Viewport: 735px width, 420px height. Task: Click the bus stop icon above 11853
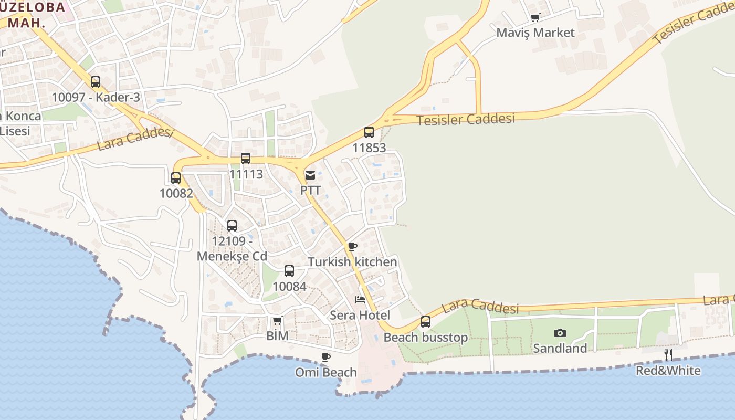coord(369,132)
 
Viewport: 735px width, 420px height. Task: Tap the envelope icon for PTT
coord(310,175)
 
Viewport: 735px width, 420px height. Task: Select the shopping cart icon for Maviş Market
coord(535,18)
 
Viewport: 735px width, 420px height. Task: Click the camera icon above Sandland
coord(560,333)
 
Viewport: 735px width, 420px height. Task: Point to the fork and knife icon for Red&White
coord(668,355)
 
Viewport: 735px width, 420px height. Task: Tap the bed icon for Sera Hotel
coord(360,300)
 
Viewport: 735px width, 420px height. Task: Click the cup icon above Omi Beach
coord(326,358)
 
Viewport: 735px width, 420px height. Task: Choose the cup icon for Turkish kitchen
coord(353,246)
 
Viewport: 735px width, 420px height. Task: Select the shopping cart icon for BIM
coord(277,320)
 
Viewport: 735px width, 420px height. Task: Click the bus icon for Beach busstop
coord(426,321)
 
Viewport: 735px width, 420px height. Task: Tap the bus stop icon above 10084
coord(289,271)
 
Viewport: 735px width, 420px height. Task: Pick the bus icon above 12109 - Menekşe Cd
coord(232,226)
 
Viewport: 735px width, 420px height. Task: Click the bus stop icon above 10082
coord(176,178)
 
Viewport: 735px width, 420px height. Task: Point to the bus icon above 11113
coord(246,159)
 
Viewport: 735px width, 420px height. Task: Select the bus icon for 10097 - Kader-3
coord(96,82)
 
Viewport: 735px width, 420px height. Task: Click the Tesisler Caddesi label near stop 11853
coord(466,119)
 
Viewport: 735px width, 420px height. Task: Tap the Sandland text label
coord(560,348)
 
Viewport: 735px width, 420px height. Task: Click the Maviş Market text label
coord(535,33)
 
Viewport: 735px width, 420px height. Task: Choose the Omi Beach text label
coord(326,372)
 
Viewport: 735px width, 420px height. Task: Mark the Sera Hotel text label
coord(360,315)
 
